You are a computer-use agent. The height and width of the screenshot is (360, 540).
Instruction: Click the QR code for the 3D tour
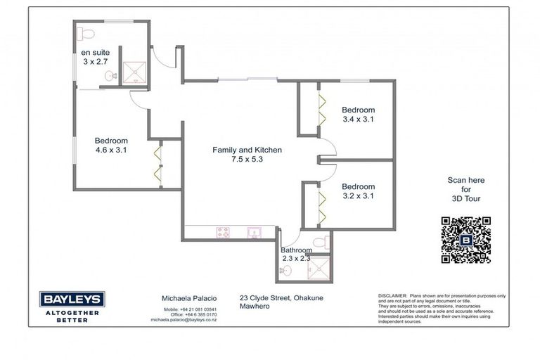465,240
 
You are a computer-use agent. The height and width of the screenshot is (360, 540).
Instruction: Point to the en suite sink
109,75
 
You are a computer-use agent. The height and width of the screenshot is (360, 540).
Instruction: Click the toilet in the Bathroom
320,243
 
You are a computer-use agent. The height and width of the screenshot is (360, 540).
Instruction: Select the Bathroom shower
320,266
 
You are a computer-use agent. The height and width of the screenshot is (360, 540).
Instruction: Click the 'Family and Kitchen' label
247,150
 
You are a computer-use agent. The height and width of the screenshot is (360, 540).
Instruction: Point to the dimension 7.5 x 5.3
247,160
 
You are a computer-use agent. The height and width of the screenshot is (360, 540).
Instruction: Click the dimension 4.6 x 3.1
111,150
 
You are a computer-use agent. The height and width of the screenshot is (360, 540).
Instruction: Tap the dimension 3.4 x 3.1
358,120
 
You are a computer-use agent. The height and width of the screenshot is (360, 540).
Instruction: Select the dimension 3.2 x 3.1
358,196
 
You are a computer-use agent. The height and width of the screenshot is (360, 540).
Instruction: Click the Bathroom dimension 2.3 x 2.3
295,259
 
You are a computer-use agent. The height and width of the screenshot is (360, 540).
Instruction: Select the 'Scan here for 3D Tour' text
465,189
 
